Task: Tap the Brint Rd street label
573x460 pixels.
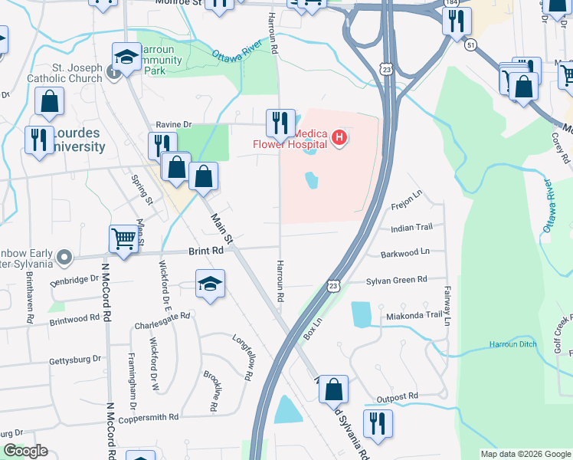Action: (206, 251)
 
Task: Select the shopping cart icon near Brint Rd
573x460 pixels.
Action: (123, 238)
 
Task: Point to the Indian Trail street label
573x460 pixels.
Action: (411, 228)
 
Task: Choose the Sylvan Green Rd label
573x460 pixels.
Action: (396, 281)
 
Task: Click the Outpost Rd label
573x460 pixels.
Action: (398, 396)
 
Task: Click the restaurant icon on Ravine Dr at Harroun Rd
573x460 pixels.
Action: (280, 122)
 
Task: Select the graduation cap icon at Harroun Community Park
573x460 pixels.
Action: (126, 56)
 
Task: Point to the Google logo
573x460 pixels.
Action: (25, 451)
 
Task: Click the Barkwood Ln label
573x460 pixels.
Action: (404, 251)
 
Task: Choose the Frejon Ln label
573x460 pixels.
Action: (406, 202)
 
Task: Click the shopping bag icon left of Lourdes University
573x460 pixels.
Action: (49, 101)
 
